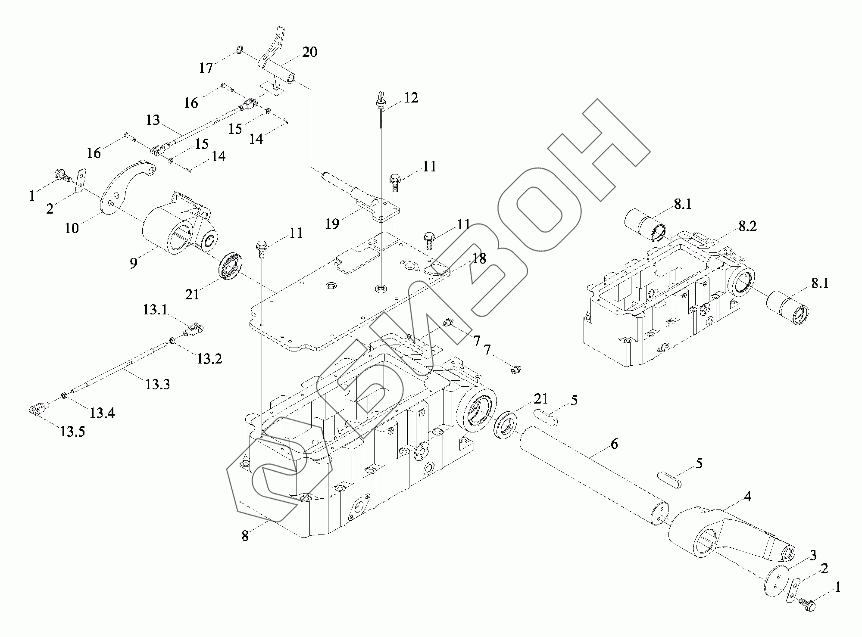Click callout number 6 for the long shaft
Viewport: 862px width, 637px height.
(x=614, y=444)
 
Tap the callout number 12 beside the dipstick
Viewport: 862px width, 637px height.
(x=411, y=98)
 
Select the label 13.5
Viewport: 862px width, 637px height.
(x=72, y=431)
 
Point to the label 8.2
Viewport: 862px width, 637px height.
(x=747, y=227)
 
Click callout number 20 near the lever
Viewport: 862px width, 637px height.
(x=309, y=52)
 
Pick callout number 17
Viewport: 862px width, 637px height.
(x=206, y=68)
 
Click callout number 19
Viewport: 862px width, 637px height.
(x=332, y=224)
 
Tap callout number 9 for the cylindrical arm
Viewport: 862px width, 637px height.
(x=134, y=263)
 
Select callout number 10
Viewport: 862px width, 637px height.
(x=72, y=228)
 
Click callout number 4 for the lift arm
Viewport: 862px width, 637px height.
(x=747, y=497)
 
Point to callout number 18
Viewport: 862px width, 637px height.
(x=479, y=258)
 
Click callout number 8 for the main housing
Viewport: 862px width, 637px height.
(x=245, y=536)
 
